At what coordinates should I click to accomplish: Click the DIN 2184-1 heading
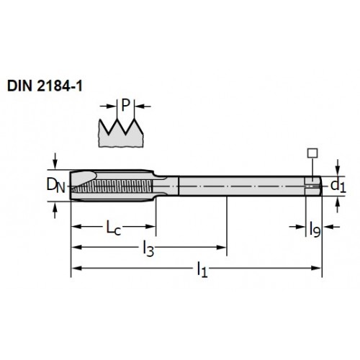pyautogui.click(x=45, y=86)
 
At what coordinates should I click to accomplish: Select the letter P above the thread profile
pyautogui.click(x=125, y=105)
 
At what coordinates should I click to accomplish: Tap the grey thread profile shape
pyautogui.click(x=121, y=135)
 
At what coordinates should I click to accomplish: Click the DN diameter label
pyautogui.click(x=55, y=186)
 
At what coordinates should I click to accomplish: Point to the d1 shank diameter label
pyautogui.click(x=338, y=186)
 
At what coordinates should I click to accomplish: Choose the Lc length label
pyautogui.click(x=114, y=228)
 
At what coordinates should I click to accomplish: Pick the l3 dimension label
pyautogui.click(x=148, y=248)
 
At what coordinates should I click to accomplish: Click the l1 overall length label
pyautogui.click(x=202, y=269)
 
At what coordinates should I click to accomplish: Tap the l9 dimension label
pyautogui.click(x=315, y=230)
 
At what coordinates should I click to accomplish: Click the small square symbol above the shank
pyautogui.click(x=312, y=153)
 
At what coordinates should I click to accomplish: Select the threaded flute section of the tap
pyautogui.click(x=112, y=186)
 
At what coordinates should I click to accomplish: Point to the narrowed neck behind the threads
pyautogui.click(x=166, y=186)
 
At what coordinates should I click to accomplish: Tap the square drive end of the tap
pyautogui.click(x=313, y=186)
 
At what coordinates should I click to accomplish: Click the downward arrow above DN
pyautogui.click(x=55, y=161)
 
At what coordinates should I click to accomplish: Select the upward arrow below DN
pyautogui.click(x=55, y=210)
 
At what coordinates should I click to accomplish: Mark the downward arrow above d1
pyautogui.click(x=338, y=168)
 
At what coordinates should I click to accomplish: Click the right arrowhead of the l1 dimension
pyautogui.click(x=316, y=268)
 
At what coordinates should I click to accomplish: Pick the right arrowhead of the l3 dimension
pyautogui.click(x=221, y=248)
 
